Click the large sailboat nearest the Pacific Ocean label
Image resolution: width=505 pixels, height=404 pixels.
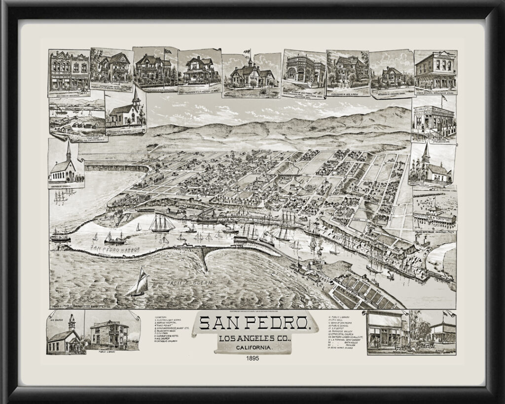pos(139,282)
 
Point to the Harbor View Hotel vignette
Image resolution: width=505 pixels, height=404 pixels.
pos(111,68)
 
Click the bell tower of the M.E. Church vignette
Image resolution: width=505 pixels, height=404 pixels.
pos(72,322)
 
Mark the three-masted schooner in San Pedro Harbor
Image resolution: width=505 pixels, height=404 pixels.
pos(162,223)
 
